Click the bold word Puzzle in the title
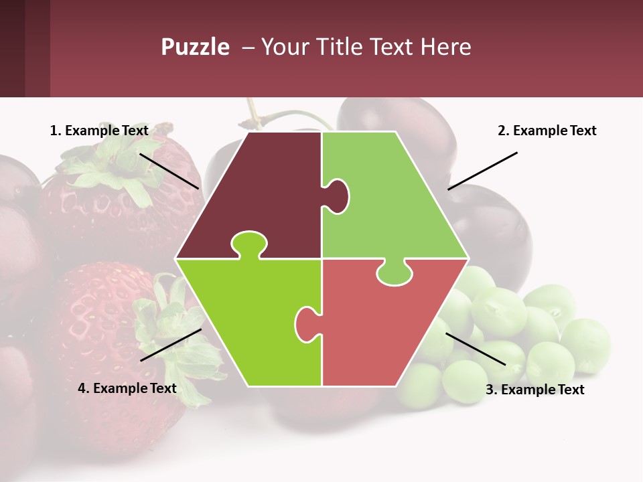coord(195,48)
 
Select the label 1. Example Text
coord(99,131)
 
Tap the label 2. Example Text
coord(547,131)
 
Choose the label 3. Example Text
coord(534,390)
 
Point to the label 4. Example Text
coord(127,388)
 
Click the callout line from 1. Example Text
coord(169,171)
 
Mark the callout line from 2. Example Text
coord(482,171)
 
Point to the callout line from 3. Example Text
coord(476,349)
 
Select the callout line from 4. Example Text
coord(171,345)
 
